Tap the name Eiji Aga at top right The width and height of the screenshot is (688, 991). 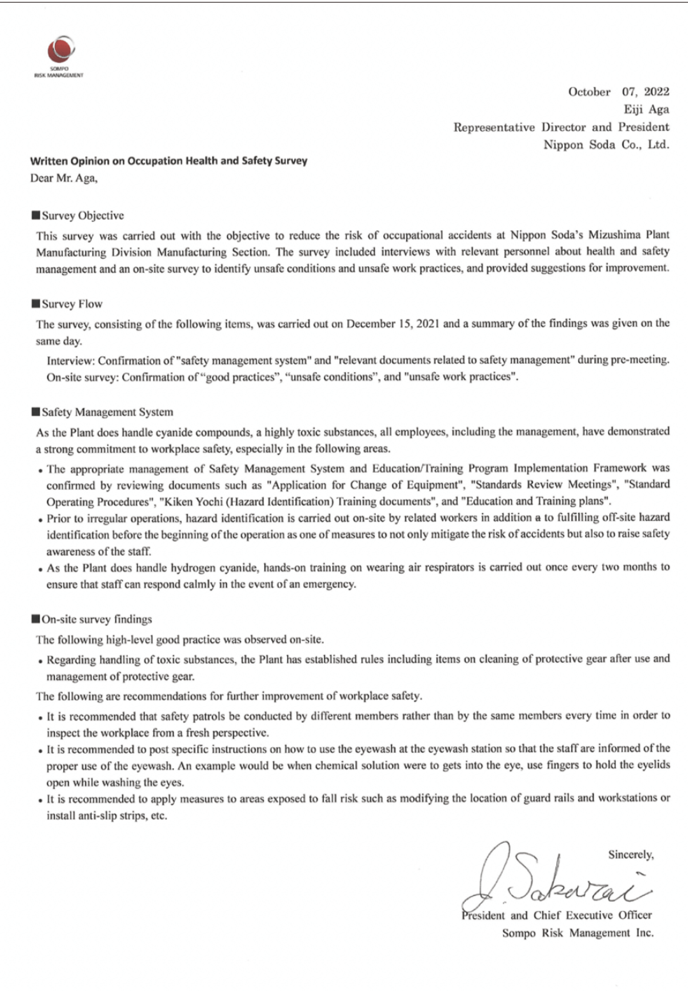pyautogui.click(x=646, y=109)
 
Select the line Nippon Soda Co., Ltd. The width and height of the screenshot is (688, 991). pyautogui.click(x=606, y=145)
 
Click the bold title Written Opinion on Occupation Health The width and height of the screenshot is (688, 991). pyautogui.click(x=168, y=161)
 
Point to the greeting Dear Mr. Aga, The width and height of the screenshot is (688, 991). pyautogui.click(x=64, y=178)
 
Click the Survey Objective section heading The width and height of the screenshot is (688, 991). pyautogui.click(x=82, y=215)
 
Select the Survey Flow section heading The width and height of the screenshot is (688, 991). pyautogui.click(x=72, y=304)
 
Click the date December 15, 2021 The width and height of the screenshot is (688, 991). pyautogui.click(x=393, y=324)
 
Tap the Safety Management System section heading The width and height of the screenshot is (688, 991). pyautogui.click(x=107, y=412)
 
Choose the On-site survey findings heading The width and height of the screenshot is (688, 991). pyautogui.click(x=97, y=619)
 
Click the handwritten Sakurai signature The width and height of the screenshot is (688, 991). pyautogui.click(x=556, y=884)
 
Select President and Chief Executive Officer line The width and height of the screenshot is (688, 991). pyautogui.click(x=556, y=915)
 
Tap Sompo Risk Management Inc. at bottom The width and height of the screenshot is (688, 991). pyautogui.click(x=578, y=933)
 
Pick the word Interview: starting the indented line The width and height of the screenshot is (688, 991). pyautogui.click(x=70, y=360)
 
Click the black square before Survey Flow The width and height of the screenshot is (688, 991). pyautogui.click(x=36, y=304)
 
